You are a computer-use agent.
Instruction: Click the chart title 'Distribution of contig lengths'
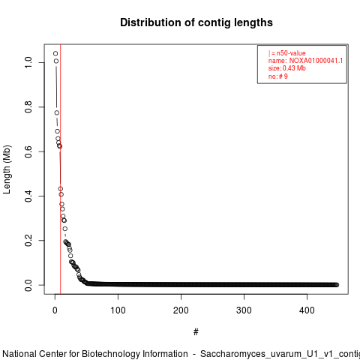pyautogui.click(x=196, y=22)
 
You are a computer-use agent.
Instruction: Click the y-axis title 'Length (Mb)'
pyautogui.click(x=7, y=169)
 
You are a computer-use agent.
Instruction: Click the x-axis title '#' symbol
pyautogui.click(x=196, y=332)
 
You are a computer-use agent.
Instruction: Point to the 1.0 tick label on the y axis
pyautogui.click(x=28, y=62)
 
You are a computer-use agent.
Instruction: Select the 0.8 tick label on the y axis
pyautogui.click(x=28, y=107)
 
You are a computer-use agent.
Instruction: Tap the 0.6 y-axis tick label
pyautogui.click(x=28, y=151)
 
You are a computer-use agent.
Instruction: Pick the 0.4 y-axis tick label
pyautogui.click(x=28, y=196)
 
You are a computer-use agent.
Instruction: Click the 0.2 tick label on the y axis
pyautogui.click(x=28, y=241)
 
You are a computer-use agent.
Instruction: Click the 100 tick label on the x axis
pyautogui.click(x=118, y=310)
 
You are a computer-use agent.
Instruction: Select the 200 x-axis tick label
pyautogui.click(x=181, y=310)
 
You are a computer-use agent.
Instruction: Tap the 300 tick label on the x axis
pyautogui.click(x=244, y=310)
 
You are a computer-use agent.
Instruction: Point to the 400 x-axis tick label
pyautogui.click(x=307, y=310)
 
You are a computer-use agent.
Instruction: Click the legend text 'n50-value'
pyautogui.click(x=291, y=53)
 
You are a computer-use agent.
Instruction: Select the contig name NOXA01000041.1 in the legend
pyautogui.click(x=316, y=61)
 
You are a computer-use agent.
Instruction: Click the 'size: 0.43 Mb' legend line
pyautogui.click(x=287, y=68)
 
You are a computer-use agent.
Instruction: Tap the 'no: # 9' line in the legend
pyautogui.click(x=278, y=76)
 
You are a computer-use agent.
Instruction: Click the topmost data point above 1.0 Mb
pyautogui.click(x=55, y=53)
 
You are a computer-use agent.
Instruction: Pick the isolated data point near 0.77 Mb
pyautogui.click(x=57, y=112)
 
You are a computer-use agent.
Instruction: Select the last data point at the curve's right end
pyautogui.click(x=337, y=285)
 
